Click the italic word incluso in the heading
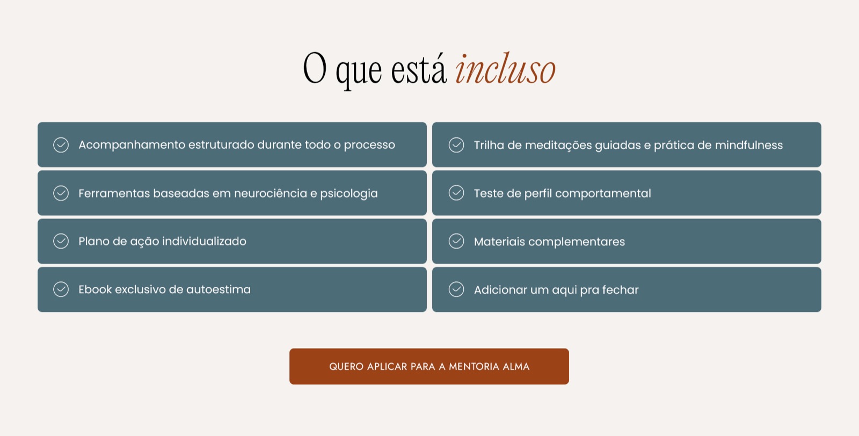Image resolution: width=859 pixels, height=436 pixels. tap(505, 69)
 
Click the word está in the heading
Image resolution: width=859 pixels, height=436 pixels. tap(419, 69)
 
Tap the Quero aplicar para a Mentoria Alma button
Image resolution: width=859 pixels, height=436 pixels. tap(429, 366)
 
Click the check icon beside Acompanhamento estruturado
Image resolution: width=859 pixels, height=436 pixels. tap(61, 145)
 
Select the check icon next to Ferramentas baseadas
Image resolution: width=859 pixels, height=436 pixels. tap(61, 193)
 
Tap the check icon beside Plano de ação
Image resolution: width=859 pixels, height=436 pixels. tap(61, 241)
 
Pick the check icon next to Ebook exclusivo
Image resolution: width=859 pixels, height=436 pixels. tap(61, 289)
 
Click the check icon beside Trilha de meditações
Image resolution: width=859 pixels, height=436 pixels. tap(456, 145)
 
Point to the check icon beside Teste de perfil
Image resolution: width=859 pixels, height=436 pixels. tap(456, 193)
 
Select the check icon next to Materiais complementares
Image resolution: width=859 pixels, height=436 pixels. tap(456, 241)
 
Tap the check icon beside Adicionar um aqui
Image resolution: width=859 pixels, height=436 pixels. tap(456, 289)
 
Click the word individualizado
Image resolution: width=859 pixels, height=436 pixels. tap(204, 241)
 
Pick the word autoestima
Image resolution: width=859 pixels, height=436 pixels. tap(218, 289)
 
